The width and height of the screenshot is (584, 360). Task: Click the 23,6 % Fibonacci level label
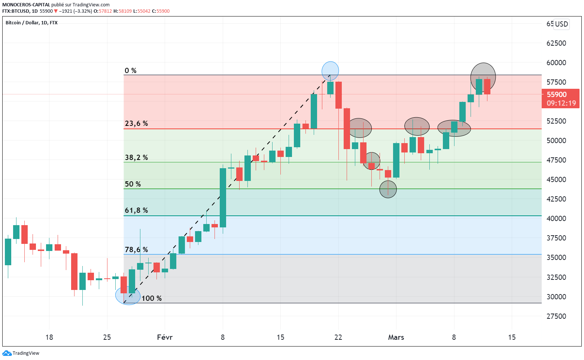point(136,123)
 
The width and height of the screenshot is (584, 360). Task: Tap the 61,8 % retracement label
point(136,210)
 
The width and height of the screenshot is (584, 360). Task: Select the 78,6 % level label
point(136,249)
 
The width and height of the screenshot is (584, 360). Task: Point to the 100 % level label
point(152,298)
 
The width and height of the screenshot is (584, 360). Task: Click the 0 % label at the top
point(131,70)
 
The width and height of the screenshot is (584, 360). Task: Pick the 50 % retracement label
point(133,184)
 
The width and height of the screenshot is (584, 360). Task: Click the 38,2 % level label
point(136,157)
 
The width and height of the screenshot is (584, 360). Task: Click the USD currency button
point(561,24)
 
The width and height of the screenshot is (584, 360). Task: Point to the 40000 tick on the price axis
point(556,218)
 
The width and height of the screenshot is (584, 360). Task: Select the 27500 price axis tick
point(556,316)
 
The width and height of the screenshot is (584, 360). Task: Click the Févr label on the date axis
point(165,337)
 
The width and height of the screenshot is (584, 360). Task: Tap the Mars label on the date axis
point(396,337)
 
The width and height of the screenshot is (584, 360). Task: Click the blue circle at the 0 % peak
point(330,70)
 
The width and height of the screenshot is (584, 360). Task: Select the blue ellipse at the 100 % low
point(128,296)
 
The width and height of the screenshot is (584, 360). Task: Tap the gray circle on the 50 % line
point(388,189)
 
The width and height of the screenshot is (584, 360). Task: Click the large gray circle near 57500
point(483,77)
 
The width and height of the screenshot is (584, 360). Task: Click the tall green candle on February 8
point(223,198)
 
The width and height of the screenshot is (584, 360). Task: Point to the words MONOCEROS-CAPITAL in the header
point(26,5)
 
